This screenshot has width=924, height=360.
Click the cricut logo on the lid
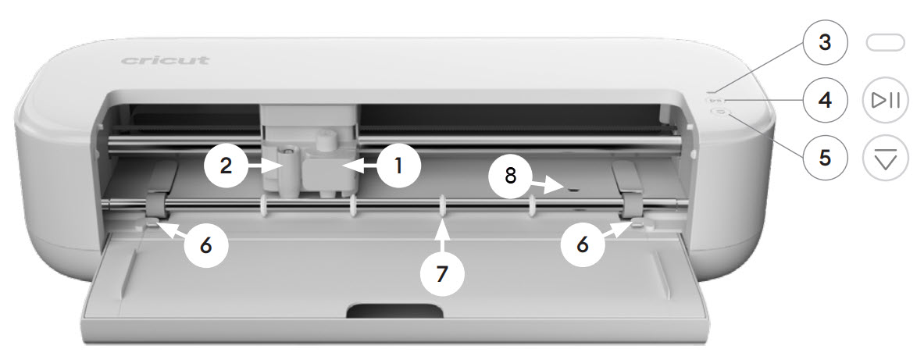tap(165, 60)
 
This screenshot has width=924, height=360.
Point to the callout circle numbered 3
tap(824, 43)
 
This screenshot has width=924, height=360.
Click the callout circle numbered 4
tap(824, 100)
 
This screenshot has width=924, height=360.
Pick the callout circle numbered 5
tap(824, 156)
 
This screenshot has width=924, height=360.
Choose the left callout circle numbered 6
tap(205, 244)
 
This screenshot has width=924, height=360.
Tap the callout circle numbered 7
tap(442, 273)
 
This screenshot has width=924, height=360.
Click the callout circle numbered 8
tap(511, 175)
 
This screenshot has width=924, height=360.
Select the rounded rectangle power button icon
tap(885, 43)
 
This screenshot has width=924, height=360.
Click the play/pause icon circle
tap(885, 100)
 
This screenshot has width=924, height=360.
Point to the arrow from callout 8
tap(550, 184)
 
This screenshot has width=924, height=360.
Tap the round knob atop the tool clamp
tap(326, 141)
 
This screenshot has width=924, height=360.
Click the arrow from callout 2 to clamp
tap(266, 165)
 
